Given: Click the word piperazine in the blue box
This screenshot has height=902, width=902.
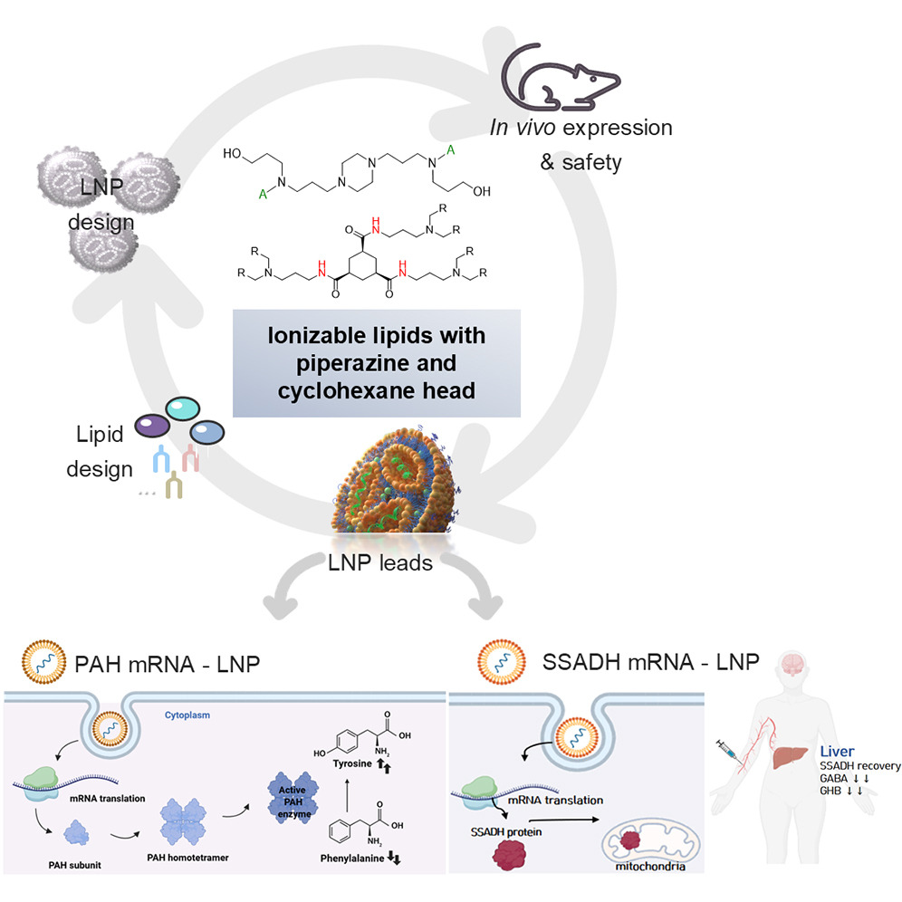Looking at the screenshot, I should click(x=377, y=361).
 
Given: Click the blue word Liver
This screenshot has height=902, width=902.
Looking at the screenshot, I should click(x=838, y=751).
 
